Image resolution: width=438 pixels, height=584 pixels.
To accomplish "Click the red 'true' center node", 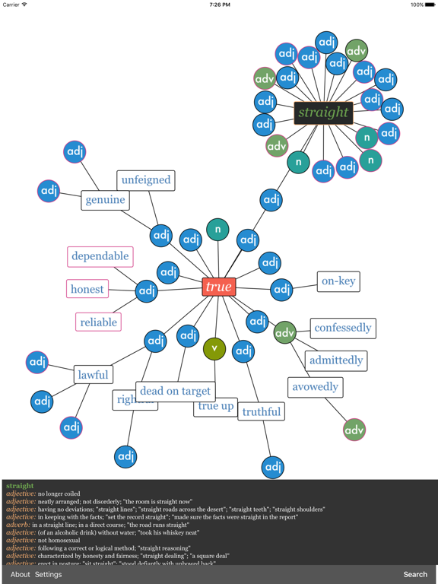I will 218,287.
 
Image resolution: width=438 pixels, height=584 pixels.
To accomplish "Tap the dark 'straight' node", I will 323,113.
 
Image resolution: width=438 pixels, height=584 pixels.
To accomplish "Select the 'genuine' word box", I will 105,200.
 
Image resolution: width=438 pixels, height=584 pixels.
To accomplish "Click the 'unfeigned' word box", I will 145,180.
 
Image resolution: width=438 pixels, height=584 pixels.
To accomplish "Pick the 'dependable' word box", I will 100,256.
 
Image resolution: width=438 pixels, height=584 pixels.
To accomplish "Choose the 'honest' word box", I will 87,289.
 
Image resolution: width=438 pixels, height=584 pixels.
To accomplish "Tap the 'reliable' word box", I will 98,322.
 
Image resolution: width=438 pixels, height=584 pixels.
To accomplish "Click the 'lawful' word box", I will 94,374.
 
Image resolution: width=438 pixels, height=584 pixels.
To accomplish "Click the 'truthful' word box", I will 261,411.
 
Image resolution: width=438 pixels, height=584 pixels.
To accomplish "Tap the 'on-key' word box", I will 338,281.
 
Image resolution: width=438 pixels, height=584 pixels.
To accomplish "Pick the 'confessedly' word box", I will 342,328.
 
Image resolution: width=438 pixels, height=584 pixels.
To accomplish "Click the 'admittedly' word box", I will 335,360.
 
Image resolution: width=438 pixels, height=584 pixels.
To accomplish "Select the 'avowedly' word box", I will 315,387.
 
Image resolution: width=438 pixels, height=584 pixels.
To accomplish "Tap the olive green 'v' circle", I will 214,348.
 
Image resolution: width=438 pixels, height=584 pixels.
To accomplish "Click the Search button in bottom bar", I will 415,574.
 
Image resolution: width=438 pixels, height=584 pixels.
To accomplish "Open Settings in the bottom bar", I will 48,574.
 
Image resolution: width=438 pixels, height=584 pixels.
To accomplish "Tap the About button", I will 21,574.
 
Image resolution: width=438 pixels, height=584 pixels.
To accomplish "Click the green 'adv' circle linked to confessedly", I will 284,332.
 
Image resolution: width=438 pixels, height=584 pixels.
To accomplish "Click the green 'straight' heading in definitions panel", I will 20,486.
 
